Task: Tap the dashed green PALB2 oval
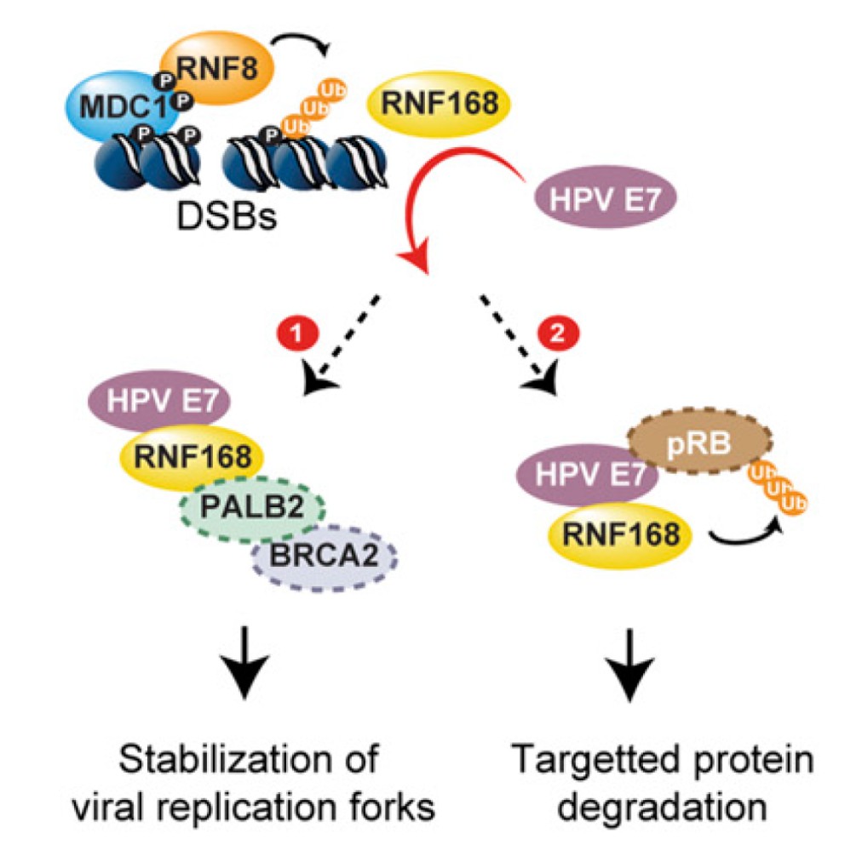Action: (x=251, y=510)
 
